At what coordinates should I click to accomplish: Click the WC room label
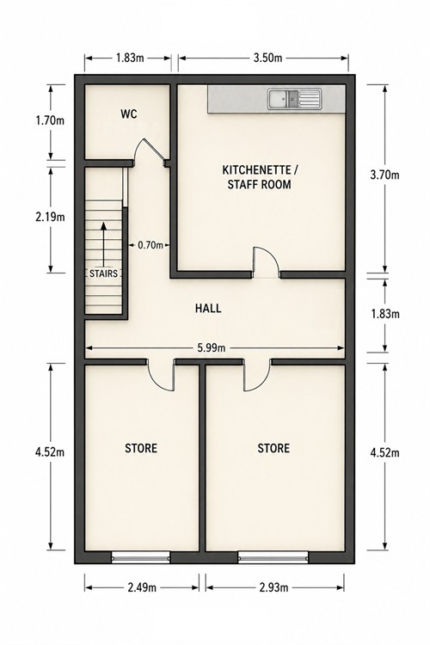click(x=129, y=114)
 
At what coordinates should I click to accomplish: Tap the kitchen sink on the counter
click(x=294, y=99)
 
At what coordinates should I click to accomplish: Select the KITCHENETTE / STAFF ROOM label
click(x=259, y=177)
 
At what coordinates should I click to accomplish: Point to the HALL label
click(x=208, y=308)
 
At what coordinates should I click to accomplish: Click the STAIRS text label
click(x=104, y=273)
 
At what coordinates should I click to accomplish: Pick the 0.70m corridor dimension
click(x=150, y=246)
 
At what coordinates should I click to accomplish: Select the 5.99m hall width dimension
click(x=212, y=348)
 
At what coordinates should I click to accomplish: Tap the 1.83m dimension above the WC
click(x=130, y=58)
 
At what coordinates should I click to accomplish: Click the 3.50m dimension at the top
click(x=267, y=58)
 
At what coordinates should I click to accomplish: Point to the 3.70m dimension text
click(x=384, y=175)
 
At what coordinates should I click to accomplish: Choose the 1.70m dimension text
click(x=50, y=121)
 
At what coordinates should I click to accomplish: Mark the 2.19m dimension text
click(x=50, y=217)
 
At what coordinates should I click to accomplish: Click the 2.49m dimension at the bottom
click(x=142, y=587)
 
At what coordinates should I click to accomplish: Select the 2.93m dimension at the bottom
click(x=274, y=587)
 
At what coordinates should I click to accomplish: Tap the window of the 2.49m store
click(x=141, y=557)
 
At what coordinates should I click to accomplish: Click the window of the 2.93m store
click(x=273, y=557)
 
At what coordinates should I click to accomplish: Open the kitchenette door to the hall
click(x=266, y=263)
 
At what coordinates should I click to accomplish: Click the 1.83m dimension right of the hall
click(x=384, y=314)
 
